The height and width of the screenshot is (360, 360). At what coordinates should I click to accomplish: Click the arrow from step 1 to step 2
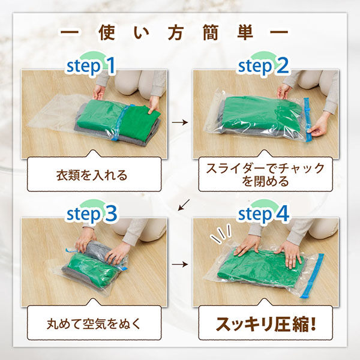[178, 122]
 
